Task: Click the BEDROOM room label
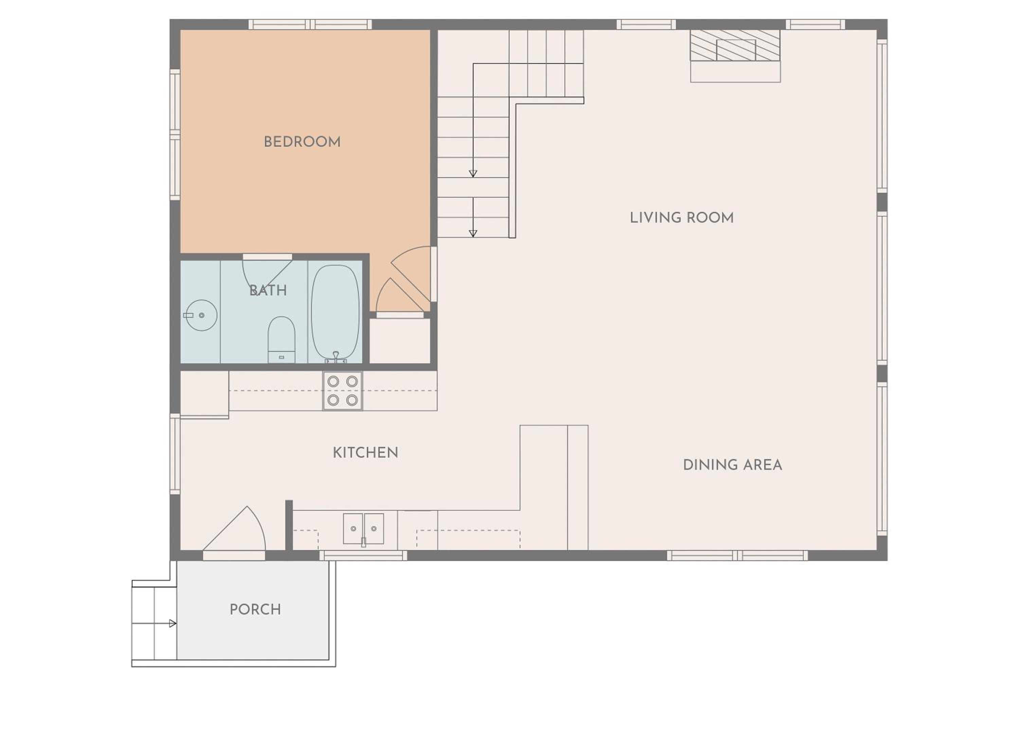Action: [302, 142]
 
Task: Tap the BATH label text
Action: [268, 290]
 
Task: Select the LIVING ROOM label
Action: [682, 218]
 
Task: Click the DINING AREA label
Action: [732, 465]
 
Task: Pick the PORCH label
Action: [255, 609]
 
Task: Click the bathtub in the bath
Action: [335, 313]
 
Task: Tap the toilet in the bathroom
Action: [281, 340]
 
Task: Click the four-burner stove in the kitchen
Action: [342, 391]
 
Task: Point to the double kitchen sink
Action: [363, 529]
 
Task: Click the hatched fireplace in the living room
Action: [735, 45]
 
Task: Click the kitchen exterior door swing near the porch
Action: [234, 530]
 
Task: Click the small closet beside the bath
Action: [400, 341]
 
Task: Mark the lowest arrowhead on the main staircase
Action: [473, 234]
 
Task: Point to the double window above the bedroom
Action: [310, 24]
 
